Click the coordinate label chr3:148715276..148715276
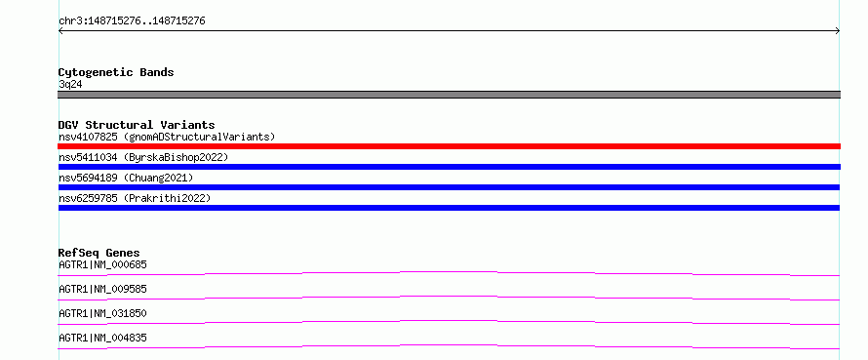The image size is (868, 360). coord(132,21)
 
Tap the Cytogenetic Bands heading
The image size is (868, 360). coord(116,72)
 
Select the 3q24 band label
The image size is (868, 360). coord(71,85)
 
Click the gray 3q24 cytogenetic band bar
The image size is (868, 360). coord(449,95)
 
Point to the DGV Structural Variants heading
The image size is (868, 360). coord(137,125)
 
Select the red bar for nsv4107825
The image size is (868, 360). coord(449,146)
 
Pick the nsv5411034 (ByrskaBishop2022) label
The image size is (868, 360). coord(143,157)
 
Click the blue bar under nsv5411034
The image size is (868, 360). coord(449,167)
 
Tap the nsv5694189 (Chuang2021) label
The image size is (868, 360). coord(126,178)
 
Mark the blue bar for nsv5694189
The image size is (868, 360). coord(449,187)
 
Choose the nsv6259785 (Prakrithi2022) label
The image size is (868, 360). coord(135,198)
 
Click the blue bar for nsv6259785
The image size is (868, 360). coord(449,208)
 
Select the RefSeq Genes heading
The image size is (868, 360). coord(99,253)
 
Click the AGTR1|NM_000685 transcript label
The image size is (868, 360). coord(102,264)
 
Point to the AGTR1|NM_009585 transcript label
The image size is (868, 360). coord(102,289)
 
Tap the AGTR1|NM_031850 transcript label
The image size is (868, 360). coord(102,313)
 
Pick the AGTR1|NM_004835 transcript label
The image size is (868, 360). coord(102,338)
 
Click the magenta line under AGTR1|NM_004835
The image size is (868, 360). coord(449,345)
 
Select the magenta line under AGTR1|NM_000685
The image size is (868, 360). coord(449,272)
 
